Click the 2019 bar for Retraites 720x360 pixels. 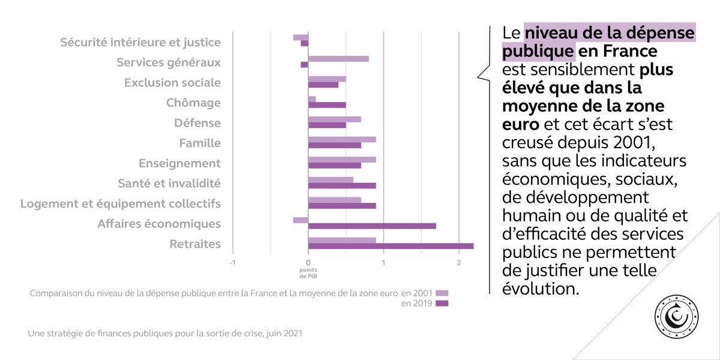coord(391,246)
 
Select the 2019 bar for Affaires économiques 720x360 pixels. coord(372,226)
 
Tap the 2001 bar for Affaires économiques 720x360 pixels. coord(301,220)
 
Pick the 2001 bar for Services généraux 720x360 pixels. coord(338,59)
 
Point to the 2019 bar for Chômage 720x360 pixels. coord(327,105)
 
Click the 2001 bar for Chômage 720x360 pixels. coord(312,99)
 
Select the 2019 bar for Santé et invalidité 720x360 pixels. coord(342,185)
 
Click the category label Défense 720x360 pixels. coord(197,123)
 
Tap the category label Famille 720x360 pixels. coord(200,143)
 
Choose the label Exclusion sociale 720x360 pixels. coord(172,83)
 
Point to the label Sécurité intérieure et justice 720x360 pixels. coord(140,43)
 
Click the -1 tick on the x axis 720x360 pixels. coord(232,262)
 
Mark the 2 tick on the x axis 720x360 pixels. coord(459,262)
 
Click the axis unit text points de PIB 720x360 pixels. coord(308,273)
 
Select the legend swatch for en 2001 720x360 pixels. coord(442,293)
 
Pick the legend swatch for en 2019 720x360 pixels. coord(442,303)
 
